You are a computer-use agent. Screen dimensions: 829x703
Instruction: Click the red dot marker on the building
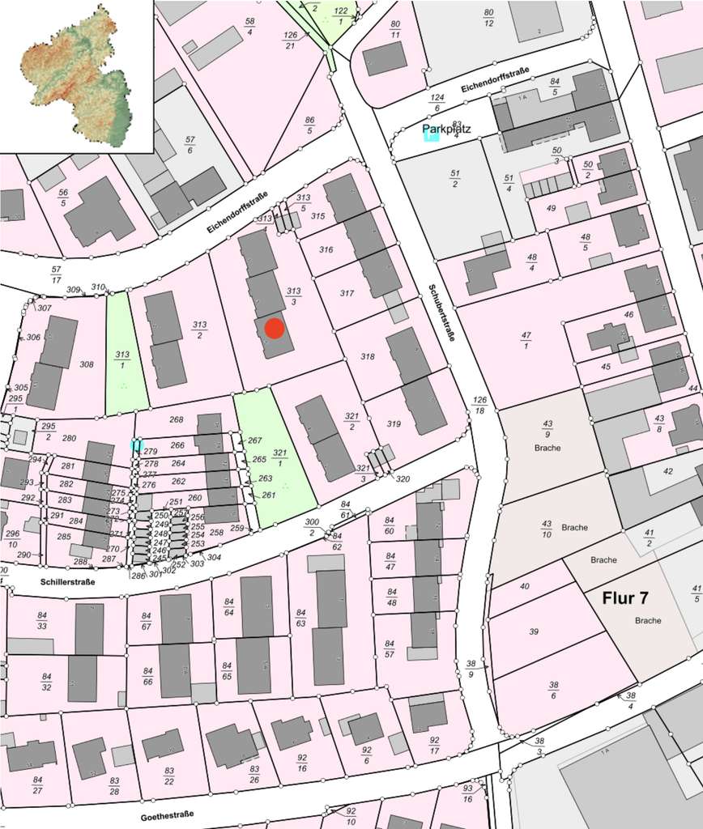275,329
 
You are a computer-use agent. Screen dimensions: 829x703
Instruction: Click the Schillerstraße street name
66,581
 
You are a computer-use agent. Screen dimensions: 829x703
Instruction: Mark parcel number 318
368,356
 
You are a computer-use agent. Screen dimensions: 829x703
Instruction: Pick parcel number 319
394,423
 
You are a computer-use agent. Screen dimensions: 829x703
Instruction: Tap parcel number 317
347,293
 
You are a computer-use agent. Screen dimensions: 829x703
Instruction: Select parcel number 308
87,364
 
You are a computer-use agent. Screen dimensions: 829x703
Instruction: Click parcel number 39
534,631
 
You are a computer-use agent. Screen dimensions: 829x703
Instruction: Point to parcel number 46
628,314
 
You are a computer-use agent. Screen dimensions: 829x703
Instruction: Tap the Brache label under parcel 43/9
547,447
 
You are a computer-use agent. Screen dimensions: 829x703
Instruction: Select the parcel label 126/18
481,406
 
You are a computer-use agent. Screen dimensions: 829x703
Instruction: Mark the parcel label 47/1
526,340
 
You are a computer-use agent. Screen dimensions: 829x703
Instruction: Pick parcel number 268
177,419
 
